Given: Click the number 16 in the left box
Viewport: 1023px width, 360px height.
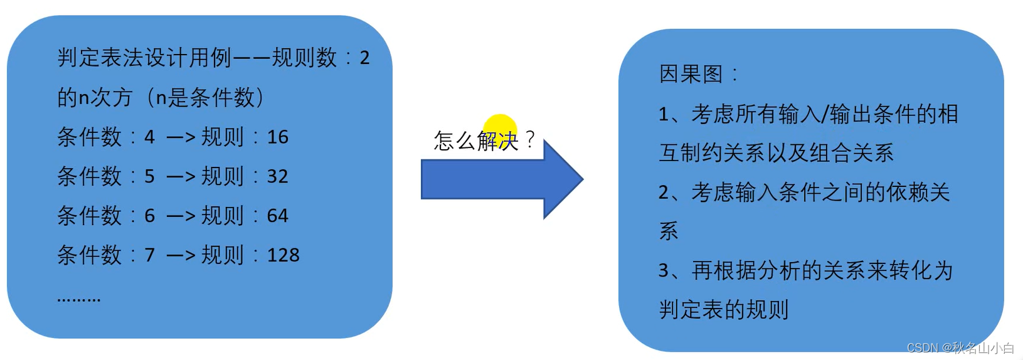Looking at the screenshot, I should tap(278, 137).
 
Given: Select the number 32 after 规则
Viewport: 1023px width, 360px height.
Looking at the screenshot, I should tap(278, 176).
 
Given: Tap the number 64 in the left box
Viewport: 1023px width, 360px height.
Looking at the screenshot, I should tap(278, 216).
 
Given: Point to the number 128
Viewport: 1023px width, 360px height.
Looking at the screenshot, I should tap(284, 255).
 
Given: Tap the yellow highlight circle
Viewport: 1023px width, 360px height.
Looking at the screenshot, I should tap(500, 131).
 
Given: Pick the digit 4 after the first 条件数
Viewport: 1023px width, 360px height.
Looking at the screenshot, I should tap(149, 137).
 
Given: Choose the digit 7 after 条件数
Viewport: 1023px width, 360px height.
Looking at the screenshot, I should tap(149, 255).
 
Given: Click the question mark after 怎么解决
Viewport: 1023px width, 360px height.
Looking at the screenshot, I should tap(530, 139).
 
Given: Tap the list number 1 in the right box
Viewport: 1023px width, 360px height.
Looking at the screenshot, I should tap(664, 114).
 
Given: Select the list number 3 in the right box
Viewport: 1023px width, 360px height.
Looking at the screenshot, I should tap(664, 271).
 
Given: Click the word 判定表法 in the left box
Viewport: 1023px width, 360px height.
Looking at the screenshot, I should tap(101, 58).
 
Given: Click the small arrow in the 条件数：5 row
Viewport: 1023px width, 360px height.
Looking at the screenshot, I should tap(181, 177).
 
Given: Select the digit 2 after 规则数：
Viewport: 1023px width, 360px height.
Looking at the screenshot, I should tap(364, 58).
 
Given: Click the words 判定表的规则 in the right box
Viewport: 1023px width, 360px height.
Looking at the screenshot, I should tap(724, 310).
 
